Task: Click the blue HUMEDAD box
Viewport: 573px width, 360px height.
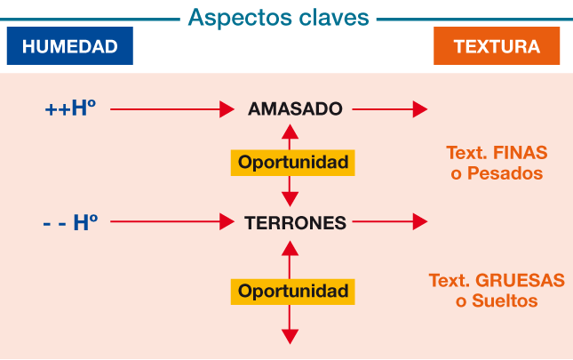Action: (70, 45)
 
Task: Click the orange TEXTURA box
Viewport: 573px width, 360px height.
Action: (497, 45)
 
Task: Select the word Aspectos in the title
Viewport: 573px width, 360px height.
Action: (240, 18)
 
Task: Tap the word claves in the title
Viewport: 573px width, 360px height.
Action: (334, 17)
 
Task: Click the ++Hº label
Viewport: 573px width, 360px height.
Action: (70, 108)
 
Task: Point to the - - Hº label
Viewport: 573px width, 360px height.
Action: (70, 222)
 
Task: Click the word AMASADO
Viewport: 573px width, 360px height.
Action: (295, 109)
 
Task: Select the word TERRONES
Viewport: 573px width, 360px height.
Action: (295, 222)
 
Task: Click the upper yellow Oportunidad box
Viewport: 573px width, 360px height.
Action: (292, 163)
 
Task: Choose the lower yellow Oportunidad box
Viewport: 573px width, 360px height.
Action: (292, 292)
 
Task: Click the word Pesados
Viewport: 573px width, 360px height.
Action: (505, 173)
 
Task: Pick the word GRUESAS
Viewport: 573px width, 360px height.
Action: (520, 281)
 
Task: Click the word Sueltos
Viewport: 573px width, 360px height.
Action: (505, 300)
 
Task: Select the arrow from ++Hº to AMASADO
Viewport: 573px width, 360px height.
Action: (172, 109)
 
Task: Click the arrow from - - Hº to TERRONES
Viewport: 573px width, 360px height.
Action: (172, 221)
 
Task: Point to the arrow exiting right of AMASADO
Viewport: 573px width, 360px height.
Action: (390, 109)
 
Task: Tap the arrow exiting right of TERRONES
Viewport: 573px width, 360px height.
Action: (390, 221)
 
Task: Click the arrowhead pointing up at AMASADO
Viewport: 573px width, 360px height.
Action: (290, 132)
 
